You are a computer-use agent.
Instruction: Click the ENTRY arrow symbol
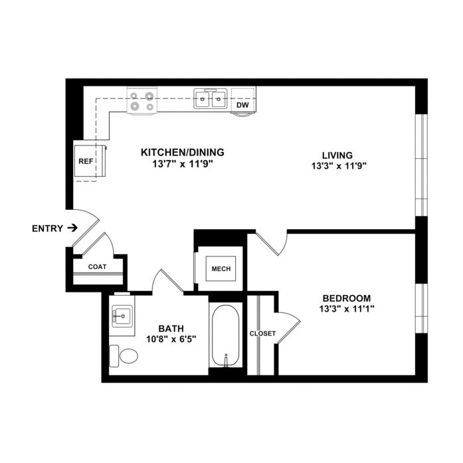click(72, 228)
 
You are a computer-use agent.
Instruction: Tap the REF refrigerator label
click(86, 161)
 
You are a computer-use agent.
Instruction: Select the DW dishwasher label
click(242, 105)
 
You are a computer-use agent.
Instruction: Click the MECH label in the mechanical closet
click(221, 269)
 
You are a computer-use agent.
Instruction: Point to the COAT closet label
click(97, 267)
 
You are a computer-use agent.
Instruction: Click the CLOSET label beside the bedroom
click(262, 333)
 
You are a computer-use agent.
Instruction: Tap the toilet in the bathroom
click(124, 356)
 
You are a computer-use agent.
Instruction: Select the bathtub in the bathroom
click(226, 336)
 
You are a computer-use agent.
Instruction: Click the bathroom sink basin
click(122, 316)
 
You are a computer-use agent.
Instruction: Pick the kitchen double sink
click(211, 98)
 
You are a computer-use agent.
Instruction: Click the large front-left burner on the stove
click(135, 106)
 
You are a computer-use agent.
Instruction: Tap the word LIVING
click(337, 155)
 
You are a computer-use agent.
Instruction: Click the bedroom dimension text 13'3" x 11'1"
click(347, 309)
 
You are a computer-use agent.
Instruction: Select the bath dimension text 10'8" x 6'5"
click(171, 339)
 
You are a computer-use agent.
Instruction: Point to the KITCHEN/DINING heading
click(183, 152)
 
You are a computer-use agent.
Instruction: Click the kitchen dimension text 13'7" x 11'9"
click(183, 164)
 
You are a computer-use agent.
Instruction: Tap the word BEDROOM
click(347, 298)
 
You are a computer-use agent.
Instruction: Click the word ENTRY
click(48, 229)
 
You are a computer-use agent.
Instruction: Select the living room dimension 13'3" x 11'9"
click(339, 166)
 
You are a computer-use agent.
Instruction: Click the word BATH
click(171, 328)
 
